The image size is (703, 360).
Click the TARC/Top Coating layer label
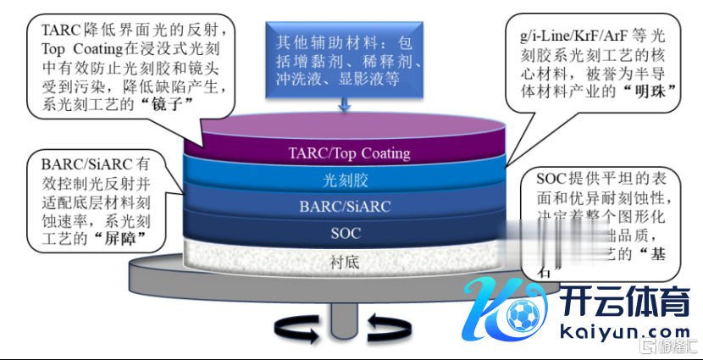click(x=348, y=153)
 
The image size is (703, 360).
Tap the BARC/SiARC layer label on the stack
click(x=345, y=206)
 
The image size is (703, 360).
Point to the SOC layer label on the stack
click(x=344, y=232)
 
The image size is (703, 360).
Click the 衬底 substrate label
click(x=344, y=262)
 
